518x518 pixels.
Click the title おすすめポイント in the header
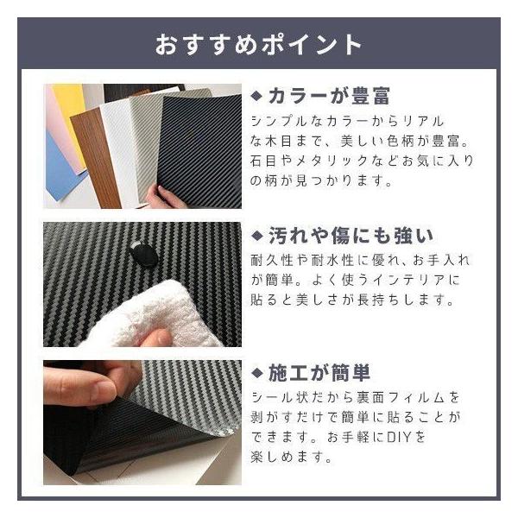258,45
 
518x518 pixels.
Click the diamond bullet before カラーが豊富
256,96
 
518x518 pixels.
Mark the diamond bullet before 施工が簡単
256,373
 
